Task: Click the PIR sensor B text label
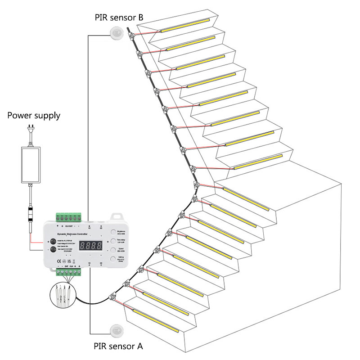point(119,18)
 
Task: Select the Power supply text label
point(34,116)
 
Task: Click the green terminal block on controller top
point(69,218)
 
